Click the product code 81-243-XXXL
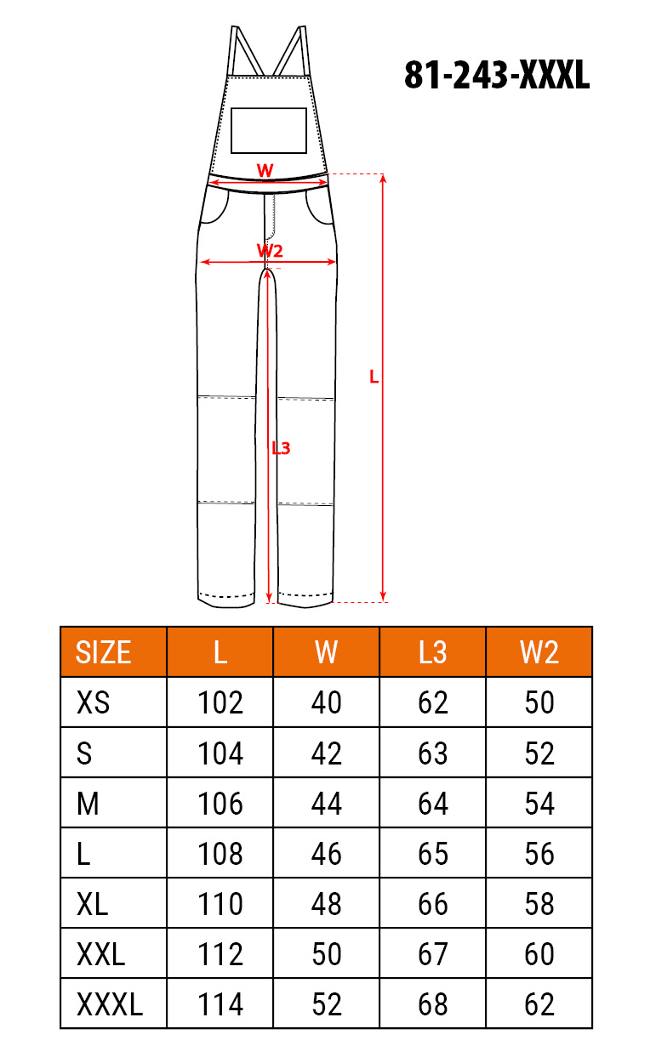(497, 76)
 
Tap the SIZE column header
(103, 652)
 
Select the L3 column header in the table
(432, 652)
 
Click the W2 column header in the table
(539, 652)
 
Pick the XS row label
(93, 702)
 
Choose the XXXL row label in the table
(110, 1004)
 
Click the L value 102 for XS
(220, 702)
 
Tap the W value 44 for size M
(327, 804)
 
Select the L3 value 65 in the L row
(433, 854)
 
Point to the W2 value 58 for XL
(539, 903)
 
